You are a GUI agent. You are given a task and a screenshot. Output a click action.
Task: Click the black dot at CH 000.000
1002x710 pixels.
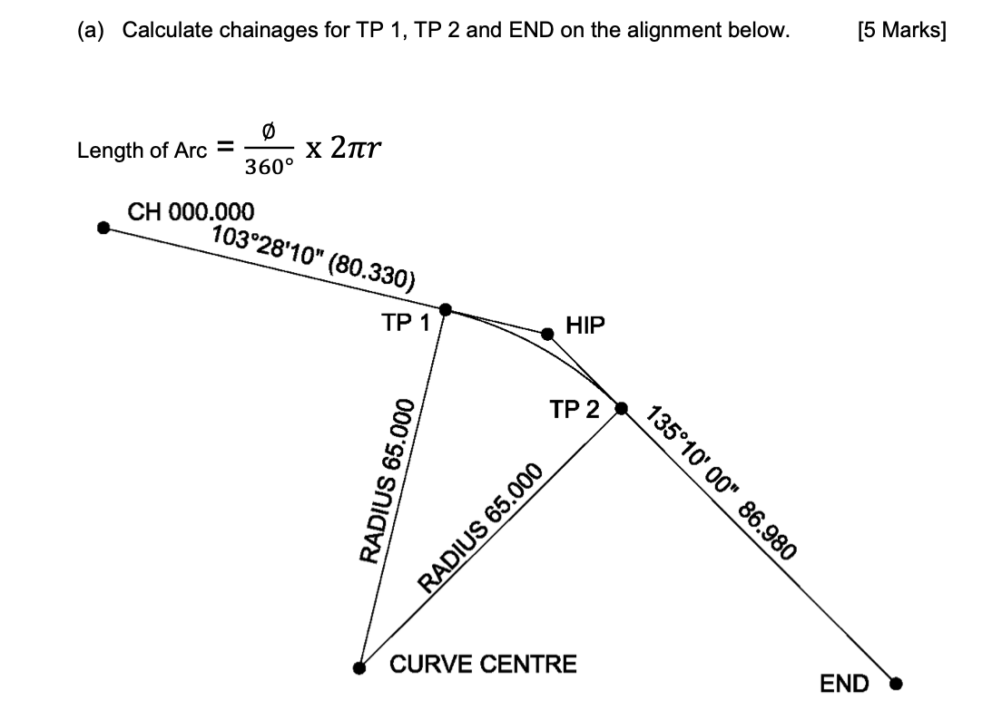pos(104,228)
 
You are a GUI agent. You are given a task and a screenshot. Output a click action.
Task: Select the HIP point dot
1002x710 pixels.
pos(547,334)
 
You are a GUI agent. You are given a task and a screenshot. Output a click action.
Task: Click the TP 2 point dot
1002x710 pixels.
pos(622,408)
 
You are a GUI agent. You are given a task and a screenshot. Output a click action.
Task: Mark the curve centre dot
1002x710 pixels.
pos(360,667)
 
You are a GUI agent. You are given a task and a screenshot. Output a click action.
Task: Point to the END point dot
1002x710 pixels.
pos(896,683)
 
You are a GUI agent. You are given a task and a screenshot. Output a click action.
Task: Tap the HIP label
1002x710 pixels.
pos(584,326)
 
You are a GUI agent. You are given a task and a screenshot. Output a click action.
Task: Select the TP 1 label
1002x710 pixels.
pos(406,323)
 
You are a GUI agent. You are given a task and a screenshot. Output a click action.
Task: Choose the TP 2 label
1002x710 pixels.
pos(575,410)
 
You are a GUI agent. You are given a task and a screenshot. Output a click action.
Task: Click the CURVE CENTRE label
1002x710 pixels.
pos(483,665)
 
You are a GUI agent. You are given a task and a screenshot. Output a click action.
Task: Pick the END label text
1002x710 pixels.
pos(844,684)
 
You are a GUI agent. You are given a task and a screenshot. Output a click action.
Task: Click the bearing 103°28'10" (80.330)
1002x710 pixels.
pos(313,256)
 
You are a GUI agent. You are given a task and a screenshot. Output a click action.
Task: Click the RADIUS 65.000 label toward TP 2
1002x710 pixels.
pos(480,527)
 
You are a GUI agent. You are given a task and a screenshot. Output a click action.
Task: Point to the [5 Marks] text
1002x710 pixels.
pos(900,31)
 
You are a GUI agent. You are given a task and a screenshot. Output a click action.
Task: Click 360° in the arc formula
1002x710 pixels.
pos(270,168)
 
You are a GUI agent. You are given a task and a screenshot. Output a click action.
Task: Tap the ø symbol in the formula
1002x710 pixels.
pos(268,132)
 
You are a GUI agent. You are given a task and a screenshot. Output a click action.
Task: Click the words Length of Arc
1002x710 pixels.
pos(142,151)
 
